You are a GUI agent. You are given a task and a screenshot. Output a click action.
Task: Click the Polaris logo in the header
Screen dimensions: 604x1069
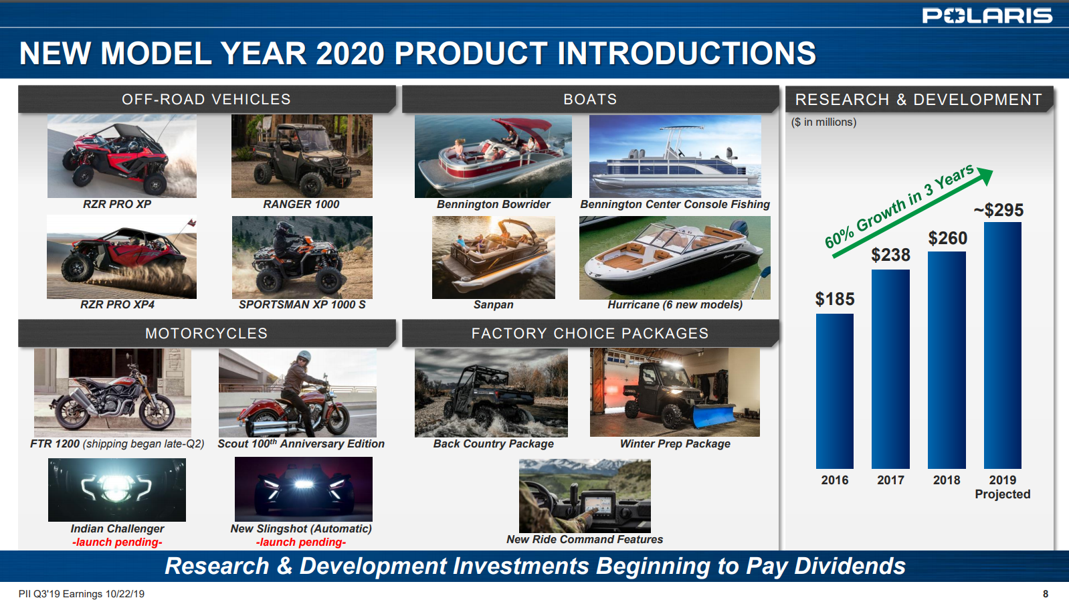tap(987, 15)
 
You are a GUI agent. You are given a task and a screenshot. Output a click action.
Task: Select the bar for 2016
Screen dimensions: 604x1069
tap(834, 391)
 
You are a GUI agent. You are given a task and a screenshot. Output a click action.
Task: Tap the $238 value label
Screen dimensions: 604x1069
tap(890, 255)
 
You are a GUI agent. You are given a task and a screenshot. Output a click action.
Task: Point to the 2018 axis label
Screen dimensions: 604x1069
tap(946, 480)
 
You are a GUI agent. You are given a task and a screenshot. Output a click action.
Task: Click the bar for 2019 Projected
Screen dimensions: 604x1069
tap(1002, 345)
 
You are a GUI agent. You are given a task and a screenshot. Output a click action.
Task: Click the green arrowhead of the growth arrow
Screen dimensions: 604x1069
tap(985, 176)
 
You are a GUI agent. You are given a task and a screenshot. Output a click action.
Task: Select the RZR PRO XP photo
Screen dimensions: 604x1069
tap(122, 156)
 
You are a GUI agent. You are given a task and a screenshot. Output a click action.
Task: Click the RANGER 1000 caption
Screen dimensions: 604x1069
tap(301, 204)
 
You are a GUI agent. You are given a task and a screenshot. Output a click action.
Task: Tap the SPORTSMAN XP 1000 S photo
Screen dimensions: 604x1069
tap(302, 257)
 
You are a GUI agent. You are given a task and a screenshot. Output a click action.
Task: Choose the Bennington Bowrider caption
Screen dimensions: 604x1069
tap(493, 204)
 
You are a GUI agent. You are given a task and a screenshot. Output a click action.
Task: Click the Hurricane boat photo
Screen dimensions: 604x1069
tap(674, 258)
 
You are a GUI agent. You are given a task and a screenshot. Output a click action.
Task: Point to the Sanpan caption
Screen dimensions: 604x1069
tap(493, 304)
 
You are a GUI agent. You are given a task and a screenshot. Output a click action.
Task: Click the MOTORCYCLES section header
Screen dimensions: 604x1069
tap(206, 333)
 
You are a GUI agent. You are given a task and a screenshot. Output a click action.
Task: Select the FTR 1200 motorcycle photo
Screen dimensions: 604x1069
tap(112, 393)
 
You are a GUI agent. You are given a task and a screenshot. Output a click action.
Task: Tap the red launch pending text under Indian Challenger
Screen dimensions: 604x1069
tap(117, 542)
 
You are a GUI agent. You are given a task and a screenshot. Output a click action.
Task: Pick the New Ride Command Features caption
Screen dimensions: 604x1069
tap(584, 539)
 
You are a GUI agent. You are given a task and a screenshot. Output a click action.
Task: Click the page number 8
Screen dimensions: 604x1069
tap(1045, 594)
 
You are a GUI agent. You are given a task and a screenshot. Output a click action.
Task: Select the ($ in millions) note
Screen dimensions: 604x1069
tap(823, 122)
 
